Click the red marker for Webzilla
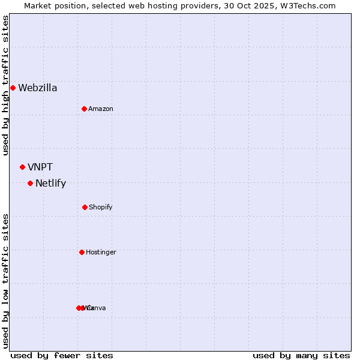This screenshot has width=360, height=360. (x=13, y=88)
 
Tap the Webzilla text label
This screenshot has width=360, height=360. (x=38, y=88)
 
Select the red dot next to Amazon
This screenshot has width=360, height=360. (x=84, y=109)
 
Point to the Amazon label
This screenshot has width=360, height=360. (x=101, y=109)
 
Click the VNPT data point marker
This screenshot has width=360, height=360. (x=22, y=167)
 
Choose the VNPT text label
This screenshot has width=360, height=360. (x=40, y=167)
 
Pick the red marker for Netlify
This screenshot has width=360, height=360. (x=30, y=183)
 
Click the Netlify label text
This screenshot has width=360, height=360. (x=50, y=184)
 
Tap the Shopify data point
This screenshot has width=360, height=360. (x=85, y=207)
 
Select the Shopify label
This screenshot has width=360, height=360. (x=101, y=207)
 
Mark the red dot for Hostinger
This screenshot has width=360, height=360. (x=82, y=252)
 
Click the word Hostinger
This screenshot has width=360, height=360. (x=101, y=252)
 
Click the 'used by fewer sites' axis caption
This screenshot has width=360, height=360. (x=62, y=355)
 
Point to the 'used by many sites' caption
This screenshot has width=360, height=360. (x=301, y=355)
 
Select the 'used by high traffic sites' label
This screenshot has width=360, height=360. (x=5, y=85)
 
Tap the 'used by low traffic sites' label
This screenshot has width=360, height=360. (x=5, y=280)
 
